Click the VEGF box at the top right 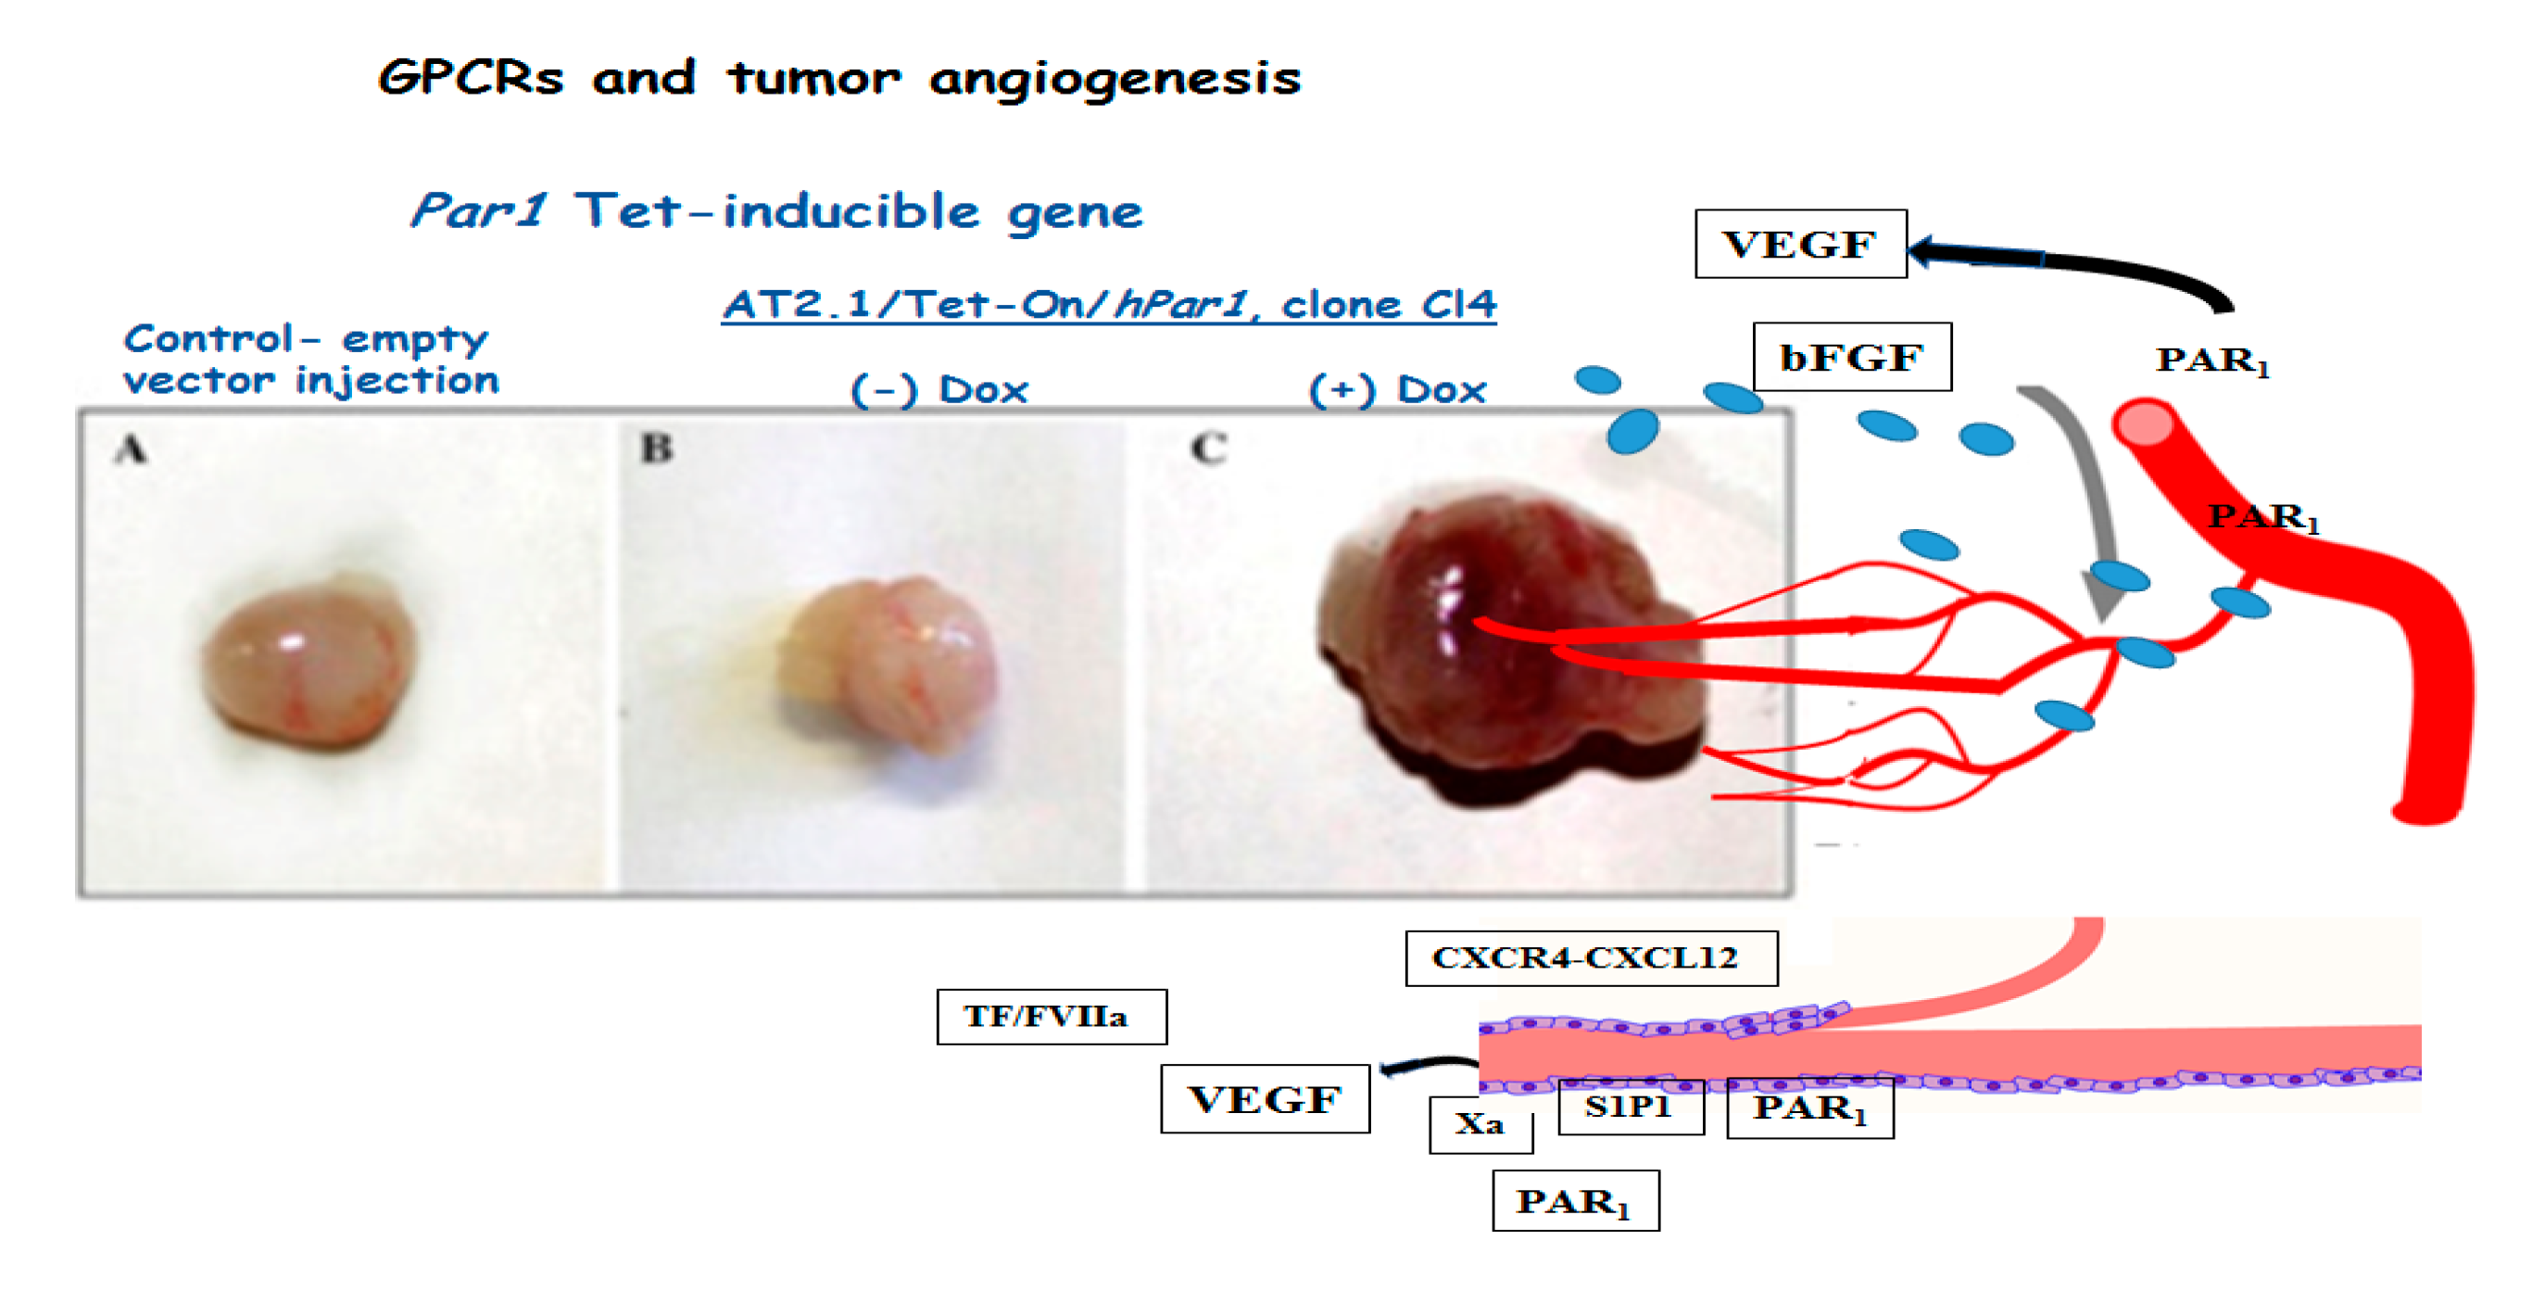[x=1800, y=244]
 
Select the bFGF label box [x=1852, y=357]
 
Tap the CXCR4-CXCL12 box [x=1591, y=957]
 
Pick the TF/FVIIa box [x=1051, y=1017]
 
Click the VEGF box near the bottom [x=1264, y=1098]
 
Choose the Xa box [x=1480, y=1124]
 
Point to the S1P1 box [x=1630, y=1107]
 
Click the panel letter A [x=131, y=449]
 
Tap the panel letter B [x=657, y=449]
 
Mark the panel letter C [x=1208, y=449]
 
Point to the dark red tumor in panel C [x=1494, y=649]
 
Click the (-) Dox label [x=938, y=390]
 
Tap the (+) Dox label [x=1398, y=390]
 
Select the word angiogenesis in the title [x=1115, y=79]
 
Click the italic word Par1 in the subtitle [x=479, y=210]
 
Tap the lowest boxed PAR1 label [x=1575, y=1200]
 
